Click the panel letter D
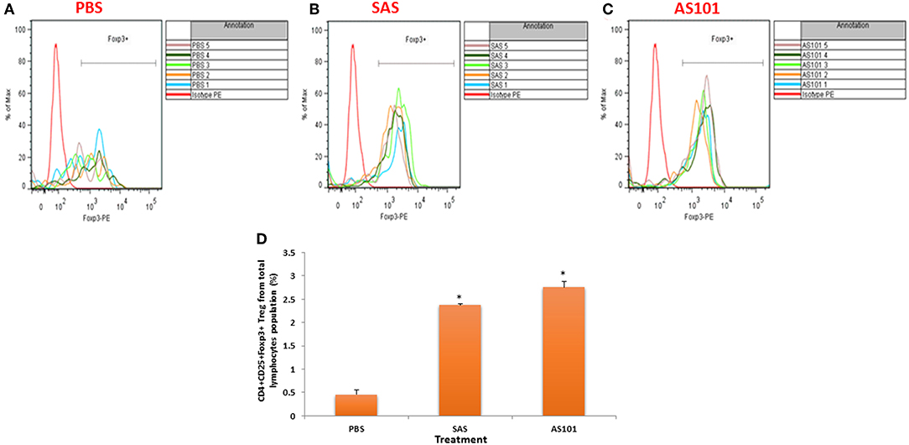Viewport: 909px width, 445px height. [x=261, y=238]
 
